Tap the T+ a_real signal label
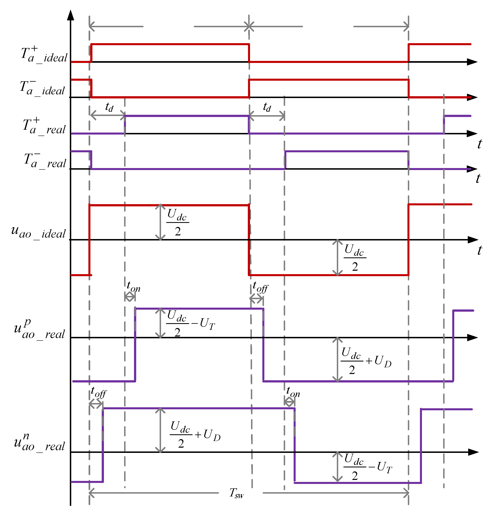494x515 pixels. coord(44,127)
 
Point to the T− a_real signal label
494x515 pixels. coord(45,161)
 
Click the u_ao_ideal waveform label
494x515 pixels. coord(38,232)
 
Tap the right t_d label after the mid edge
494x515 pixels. coord(267,107)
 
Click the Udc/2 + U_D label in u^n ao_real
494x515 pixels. coord(195,434)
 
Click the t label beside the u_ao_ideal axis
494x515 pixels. coord(479,250)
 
